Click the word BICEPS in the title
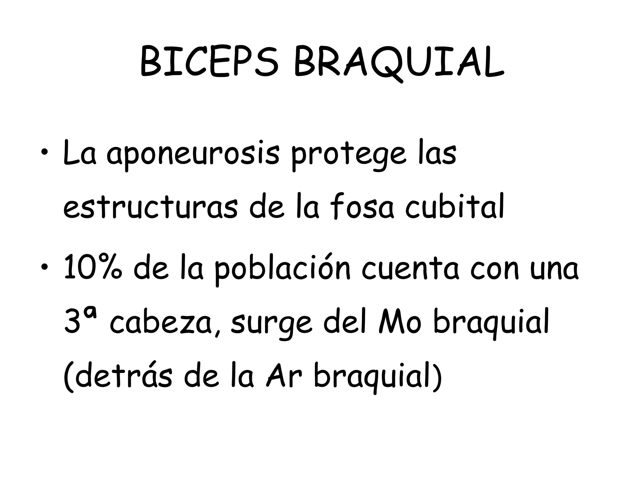[x=209, y=62]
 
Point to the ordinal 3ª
[x=80, y=322]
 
